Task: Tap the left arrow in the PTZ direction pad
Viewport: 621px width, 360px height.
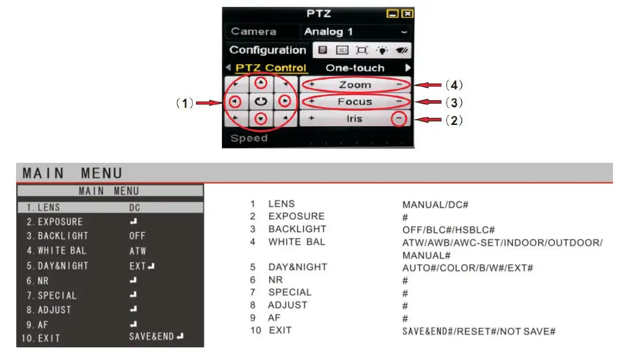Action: (235, 102)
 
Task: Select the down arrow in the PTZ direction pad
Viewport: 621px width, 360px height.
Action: (261, 119)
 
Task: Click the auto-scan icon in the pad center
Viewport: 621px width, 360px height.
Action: (261, 102)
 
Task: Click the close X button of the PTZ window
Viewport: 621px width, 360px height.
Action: (407, 14)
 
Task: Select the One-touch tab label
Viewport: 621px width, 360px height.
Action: (355, 68)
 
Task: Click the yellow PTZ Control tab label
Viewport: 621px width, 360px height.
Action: (271, 68)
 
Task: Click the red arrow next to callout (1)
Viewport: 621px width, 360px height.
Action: (209, 103)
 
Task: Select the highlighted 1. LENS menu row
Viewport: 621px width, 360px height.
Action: (110, 208)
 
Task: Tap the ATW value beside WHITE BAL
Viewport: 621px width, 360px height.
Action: (138, 251)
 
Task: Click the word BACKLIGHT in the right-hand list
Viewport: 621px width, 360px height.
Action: (297, 229)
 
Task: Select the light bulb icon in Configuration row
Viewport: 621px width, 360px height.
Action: (382, 50)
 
